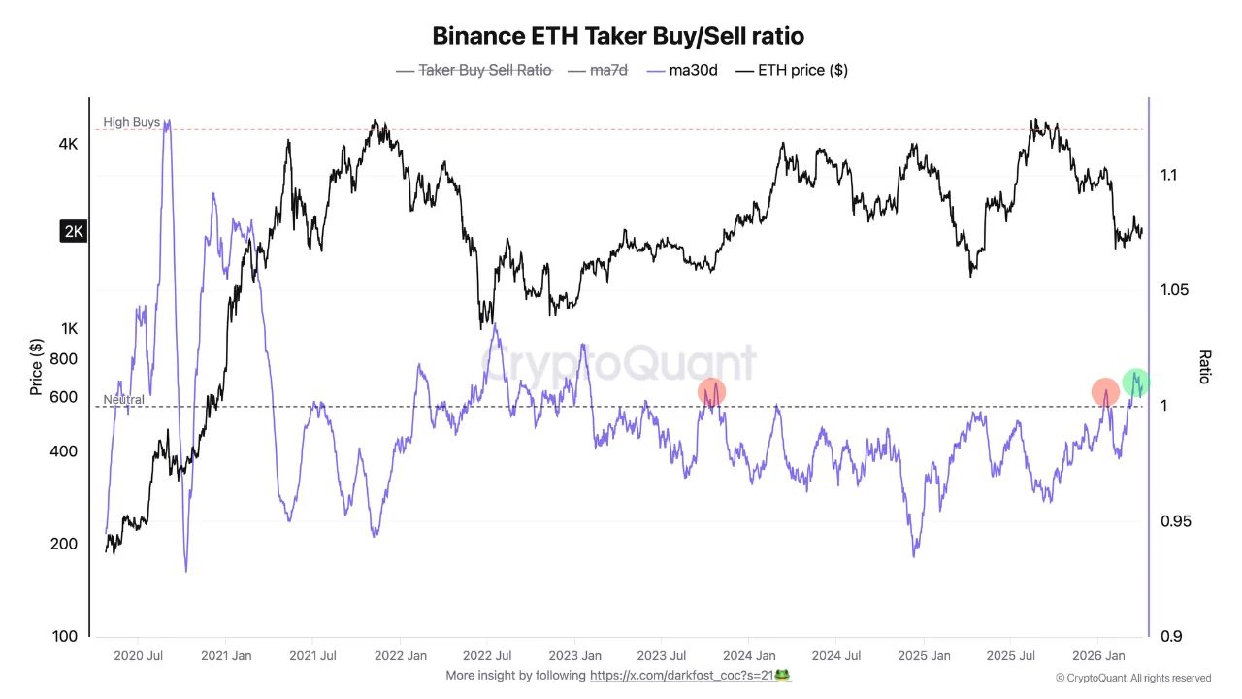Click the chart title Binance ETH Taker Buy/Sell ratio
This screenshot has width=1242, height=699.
click(618, 36)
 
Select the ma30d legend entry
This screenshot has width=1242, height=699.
click(682, 70)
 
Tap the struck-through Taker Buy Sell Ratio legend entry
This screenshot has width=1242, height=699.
click(484, 70)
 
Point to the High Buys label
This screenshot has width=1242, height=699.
click(131, 122)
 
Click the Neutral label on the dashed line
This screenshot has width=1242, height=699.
click(123, 400)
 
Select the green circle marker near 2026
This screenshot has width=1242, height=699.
click(1136, 382)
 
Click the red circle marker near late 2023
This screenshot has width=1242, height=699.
click(711, 391)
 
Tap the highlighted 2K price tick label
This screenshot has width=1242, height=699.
click(73, 231)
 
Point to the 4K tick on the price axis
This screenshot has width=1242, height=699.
click(68, 144)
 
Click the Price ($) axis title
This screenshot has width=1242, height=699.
click(36, 368)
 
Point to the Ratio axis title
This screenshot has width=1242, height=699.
click(1205, 367)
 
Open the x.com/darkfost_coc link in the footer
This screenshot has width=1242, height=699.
click(689, 675)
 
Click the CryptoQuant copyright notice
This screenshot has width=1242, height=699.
click(1132, 678)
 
